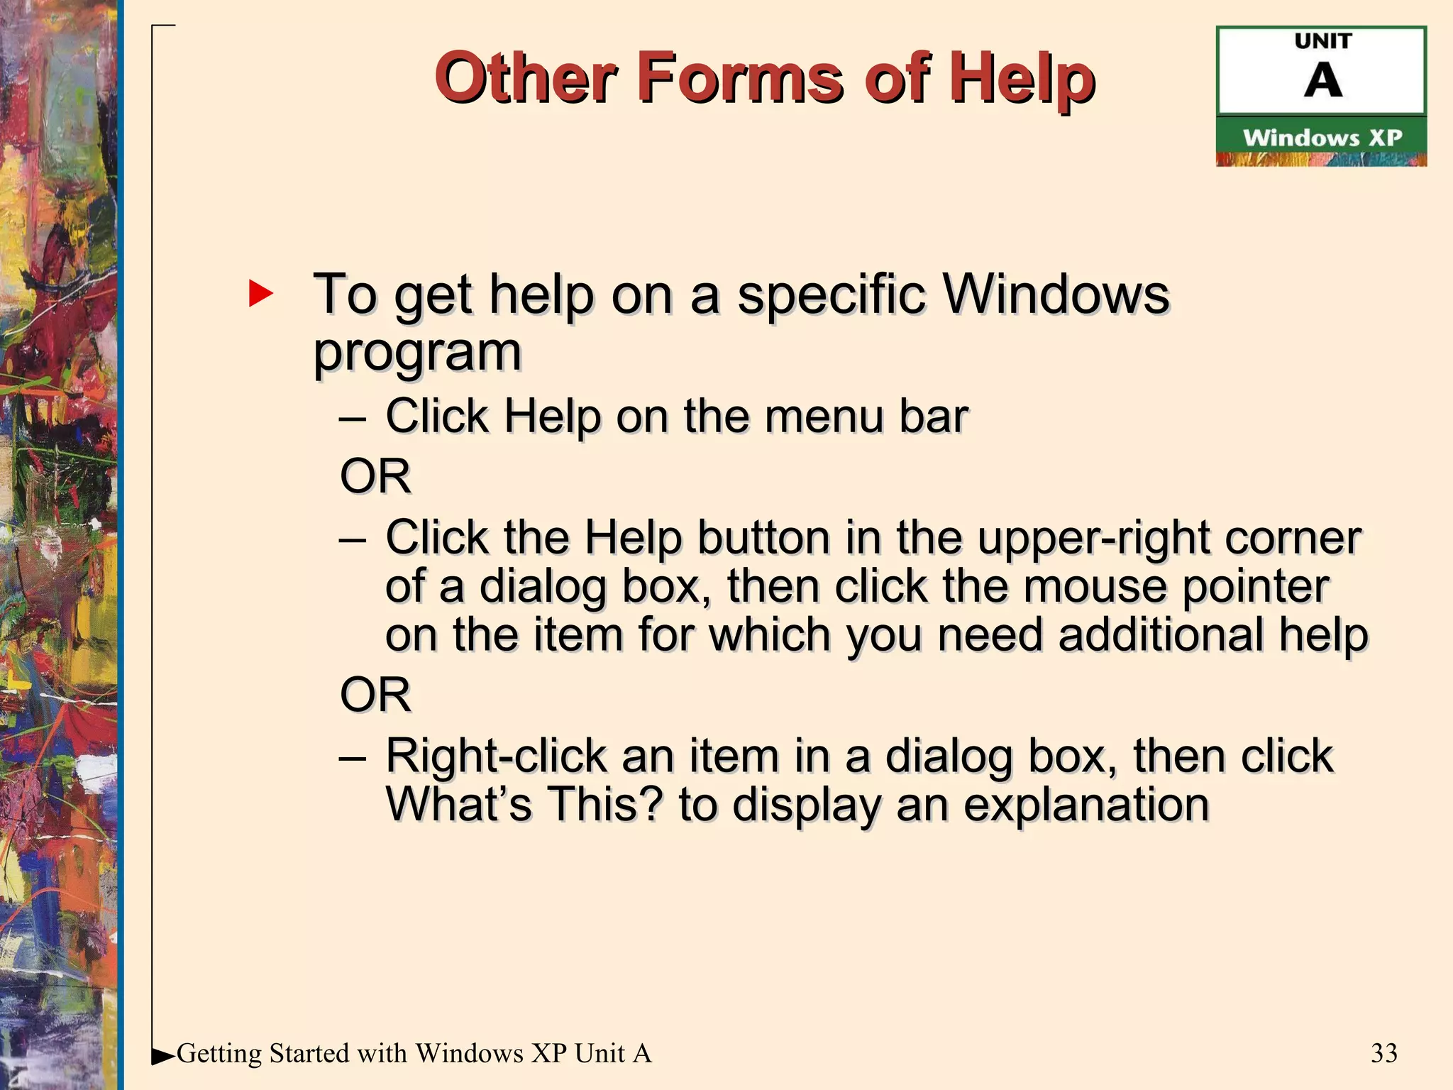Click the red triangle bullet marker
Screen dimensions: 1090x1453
pyautogui.click(x=260, y=293)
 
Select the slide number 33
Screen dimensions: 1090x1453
pyautogui.click(x=1383, y=1053)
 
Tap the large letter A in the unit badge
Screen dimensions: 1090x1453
pyautogui.click(x=1322, y=80)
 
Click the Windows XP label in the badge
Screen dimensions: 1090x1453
pyautogui.click(x=1322, y=137)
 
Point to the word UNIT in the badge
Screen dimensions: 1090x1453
pyautogui.click(x=1323, y=41)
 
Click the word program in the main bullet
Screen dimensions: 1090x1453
pyautogui.click(x=417, y=353)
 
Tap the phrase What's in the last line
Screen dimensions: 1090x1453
pyautogui.click(x=458, y=804)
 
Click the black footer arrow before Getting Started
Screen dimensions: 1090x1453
pyautogui.click(x=163, y=1056)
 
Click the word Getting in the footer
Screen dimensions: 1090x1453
pyautogui.click(x=219, y=1054)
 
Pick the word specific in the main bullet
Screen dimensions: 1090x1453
pyautogui.click(x=831, y=294)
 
